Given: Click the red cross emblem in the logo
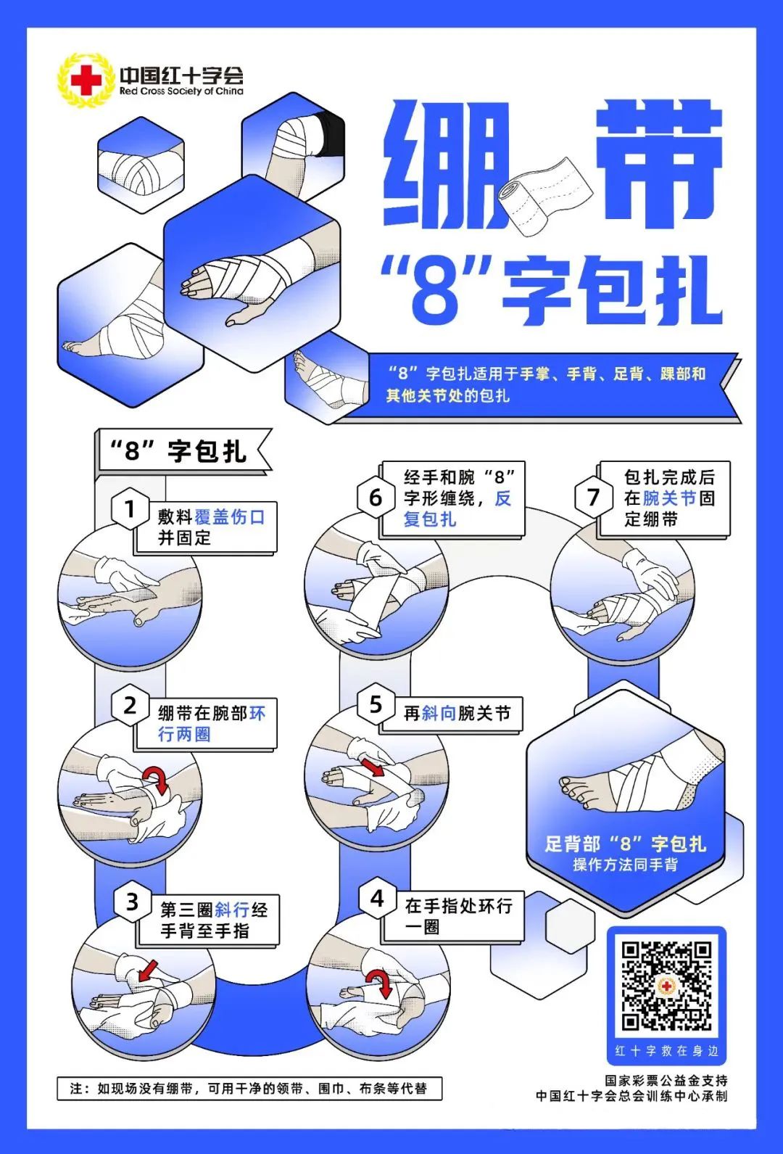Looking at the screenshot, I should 86,80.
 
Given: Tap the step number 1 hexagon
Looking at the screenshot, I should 130,509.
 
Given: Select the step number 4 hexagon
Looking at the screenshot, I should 377,899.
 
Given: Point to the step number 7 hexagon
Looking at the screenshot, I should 593,498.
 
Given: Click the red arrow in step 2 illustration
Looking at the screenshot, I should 155,780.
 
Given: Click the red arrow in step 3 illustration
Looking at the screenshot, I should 148,970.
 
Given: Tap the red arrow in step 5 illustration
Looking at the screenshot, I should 373,767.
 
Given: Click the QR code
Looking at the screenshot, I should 666,986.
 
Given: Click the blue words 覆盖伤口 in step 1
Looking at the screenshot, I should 229,517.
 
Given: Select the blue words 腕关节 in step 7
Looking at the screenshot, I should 669,498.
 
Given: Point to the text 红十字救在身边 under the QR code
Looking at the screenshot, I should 666,1051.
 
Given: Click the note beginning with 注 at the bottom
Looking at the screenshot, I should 249,1089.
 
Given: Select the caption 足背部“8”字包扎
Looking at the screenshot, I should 625,844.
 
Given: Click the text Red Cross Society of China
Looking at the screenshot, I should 181,92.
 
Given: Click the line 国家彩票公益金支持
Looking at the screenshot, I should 666,1081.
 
